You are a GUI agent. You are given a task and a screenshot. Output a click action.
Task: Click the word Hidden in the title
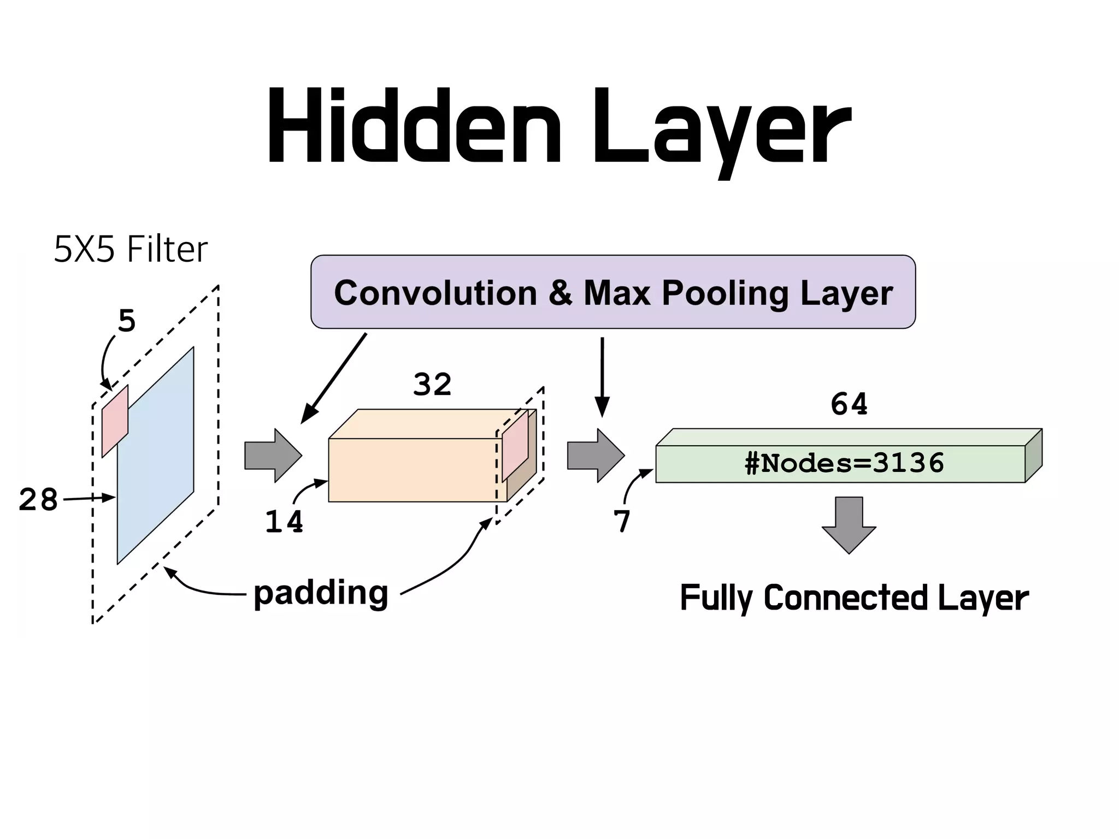414,127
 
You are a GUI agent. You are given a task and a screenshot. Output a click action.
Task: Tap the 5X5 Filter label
131,249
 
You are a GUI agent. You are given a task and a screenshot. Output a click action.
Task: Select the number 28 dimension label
38,500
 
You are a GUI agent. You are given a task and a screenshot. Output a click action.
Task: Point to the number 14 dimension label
284,522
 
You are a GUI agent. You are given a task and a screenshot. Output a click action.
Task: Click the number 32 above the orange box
432,385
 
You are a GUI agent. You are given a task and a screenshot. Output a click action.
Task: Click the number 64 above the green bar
849,404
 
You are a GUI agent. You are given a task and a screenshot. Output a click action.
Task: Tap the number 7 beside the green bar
622,521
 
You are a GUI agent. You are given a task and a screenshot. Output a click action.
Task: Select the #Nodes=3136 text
844,463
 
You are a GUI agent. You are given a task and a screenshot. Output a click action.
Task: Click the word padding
321,593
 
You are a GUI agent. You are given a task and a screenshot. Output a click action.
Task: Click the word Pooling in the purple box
725,293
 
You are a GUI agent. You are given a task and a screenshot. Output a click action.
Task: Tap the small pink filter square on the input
115,421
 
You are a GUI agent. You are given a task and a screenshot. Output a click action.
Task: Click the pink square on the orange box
515,446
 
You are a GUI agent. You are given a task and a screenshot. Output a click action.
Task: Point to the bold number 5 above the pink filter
127,321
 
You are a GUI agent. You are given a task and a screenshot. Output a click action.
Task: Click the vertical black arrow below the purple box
602,377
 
